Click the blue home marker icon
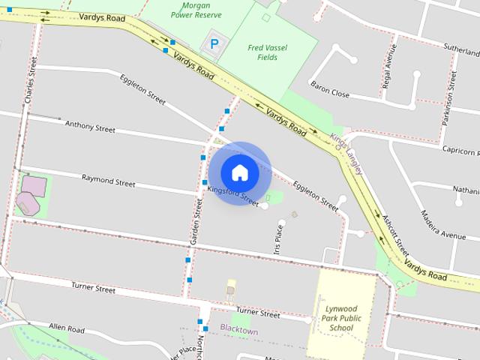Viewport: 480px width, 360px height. (239, 172)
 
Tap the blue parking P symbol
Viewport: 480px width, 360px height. (214, 43)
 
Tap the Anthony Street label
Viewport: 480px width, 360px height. (90, 126)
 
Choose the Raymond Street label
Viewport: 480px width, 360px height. (108, 181)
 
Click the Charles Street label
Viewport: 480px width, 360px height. (29, 82)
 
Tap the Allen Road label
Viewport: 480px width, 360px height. (66, 328)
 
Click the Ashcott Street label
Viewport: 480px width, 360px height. (395, 232)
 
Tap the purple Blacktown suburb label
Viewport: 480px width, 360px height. (238, 330)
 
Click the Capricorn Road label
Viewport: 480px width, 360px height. (454, 149)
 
